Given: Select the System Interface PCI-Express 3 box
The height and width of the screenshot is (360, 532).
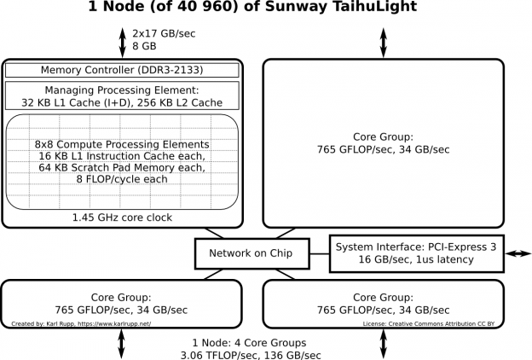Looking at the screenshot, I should coord(416,253).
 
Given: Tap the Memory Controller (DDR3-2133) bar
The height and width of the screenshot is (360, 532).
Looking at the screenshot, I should coord(122,70).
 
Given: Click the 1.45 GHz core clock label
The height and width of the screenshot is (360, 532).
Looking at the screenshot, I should coord(122,218).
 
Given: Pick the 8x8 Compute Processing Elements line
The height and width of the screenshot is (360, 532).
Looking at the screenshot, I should coord(122,144).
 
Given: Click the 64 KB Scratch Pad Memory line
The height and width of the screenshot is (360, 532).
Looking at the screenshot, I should coord(122,169).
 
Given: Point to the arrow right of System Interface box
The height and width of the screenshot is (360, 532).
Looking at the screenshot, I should coord(518,253).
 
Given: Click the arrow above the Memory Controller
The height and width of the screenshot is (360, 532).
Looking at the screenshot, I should coord(122,40).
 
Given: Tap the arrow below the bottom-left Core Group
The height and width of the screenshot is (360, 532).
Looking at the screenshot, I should coord(122,344).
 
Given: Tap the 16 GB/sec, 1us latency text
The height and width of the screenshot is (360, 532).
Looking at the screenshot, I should coord(416,259).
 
